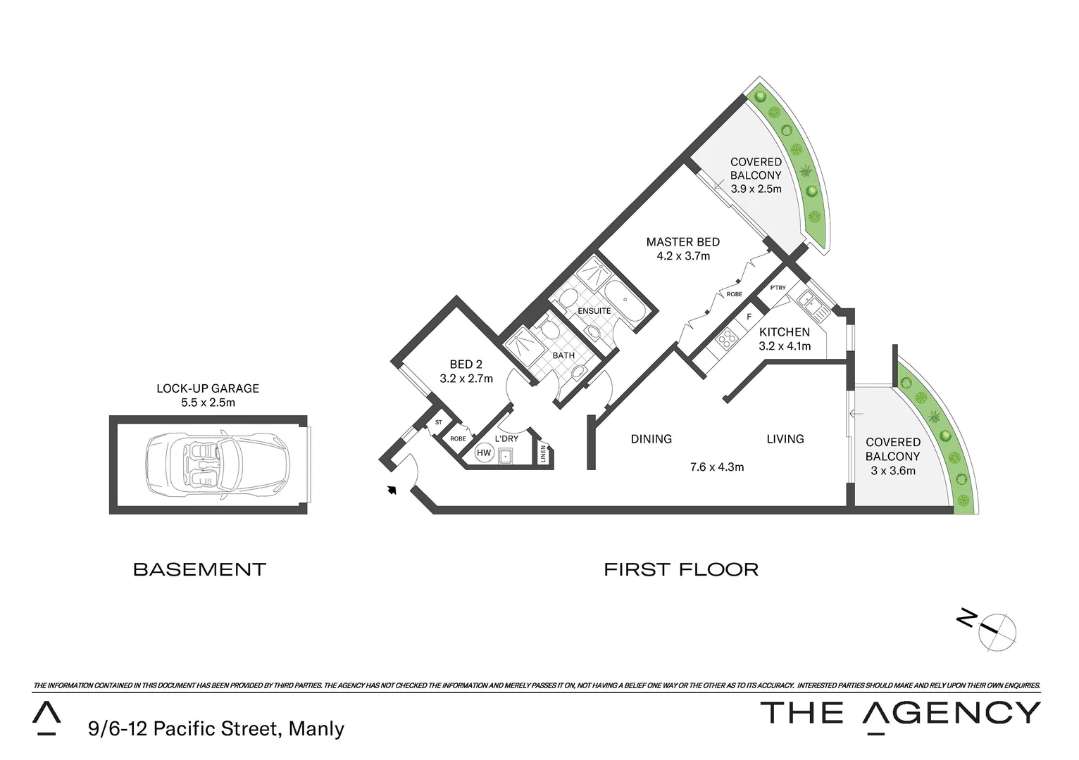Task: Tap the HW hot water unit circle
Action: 484,453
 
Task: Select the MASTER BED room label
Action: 682,242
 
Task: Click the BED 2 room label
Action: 466,365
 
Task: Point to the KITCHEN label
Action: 784,332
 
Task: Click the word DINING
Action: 651,439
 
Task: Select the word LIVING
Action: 785,439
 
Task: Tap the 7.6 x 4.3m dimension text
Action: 716,467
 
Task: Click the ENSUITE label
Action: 594,311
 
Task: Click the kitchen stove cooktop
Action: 725,341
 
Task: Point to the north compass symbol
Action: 995,626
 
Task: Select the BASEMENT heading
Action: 199,569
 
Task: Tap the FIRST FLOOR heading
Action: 681,569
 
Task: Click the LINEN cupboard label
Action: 543,454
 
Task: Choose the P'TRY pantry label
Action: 778,288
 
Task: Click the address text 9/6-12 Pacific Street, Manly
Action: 216,728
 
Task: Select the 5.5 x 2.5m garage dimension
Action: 207,403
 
